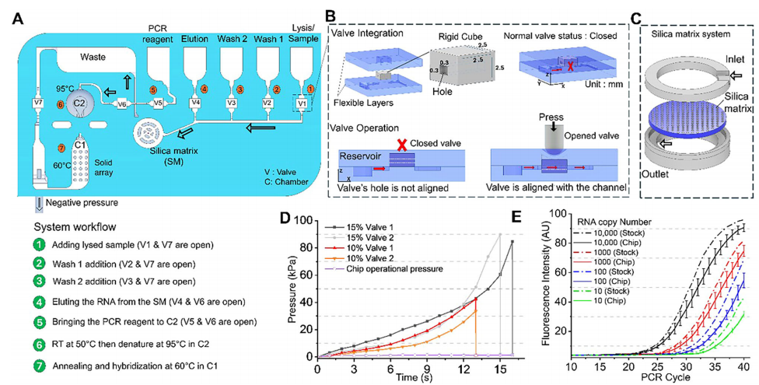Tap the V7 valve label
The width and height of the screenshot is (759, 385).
pos(37,103)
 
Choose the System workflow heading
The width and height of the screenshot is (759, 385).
pos(75,226)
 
